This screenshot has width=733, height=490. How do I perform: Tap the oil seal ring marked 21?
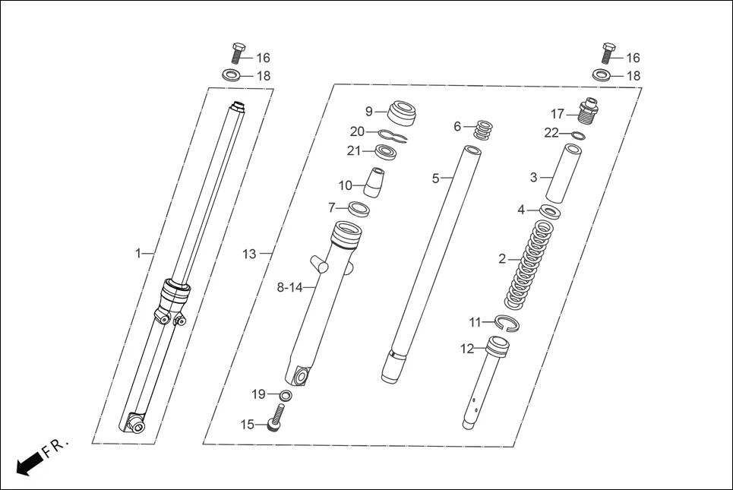pyautogui.click(x=388, y=153)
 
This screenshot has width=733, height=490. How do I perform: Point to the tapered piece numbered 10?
pyautogui.click(x=374, y=182)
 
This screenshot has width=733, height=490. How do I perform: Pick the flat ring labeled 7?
pyautogui.click(x=359, y=207)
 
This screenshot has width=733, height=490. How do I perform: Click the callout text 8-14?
pyautogui.click(x=289, y=287)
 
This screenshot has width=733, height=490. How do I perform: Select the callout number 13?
pyautogui.click(x=249, y=254)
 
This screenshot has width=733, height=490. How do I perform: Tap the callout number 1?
pyautogui.click(x=138, y=253)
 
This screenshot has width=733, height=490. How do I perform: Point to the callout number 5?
pyautogui.click(x=436, y=179)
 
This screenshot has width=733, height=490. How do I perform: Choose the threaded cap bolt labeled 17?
pyautogui.click(x=589, y=112)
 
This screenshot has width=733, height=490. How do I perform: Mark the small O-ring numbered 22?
pyautogui.click(x=577, y=136)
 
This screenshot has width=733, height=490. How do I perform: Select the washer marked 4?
pyautogui.click(x=551, y=210)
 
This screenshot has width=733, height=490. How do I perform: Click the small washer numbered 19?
pyautogui.click(x=285, y=395)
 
